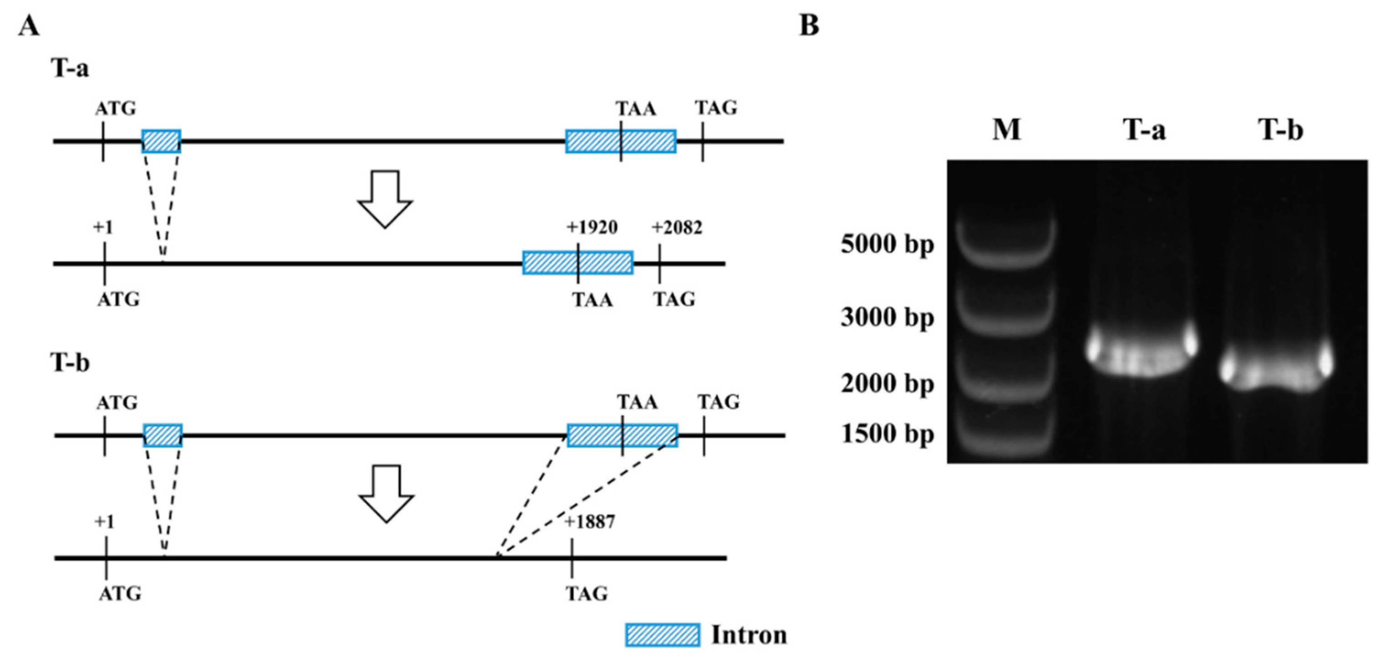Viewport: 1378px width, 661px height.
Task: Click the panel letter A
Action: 28,25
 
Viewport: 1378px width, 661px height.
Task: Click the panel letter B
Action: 808,25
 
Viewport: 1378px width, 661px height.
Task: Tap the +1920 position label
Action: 592,228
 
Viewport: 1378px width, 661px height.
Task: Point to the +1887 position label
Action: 589,522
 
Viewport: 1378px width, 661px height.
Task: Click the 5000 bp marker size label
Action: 887,244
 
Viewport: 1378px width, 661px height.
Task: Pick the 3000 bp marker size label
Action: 887,317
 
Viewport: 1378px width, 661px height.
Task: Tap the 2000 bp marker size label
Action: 887,383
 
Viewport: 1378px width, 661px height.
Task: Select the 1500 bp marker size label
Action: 887,433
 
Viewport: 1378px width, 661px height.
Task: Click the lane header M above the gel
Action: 1006,130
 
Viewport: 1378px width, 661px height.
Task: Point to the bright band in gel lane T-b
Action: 1276,371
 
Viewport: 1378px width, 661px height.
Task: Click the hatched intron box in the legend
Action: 662,635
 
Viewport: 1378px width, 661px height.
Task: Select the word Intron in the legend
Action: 748,635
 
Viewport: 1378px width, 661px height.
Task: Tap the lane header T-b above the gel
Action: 1280,130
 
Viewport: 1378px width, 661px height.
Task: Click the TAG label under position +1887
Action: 587,594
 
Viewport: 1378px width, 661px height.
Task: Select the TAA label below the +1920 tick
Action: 593,300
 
